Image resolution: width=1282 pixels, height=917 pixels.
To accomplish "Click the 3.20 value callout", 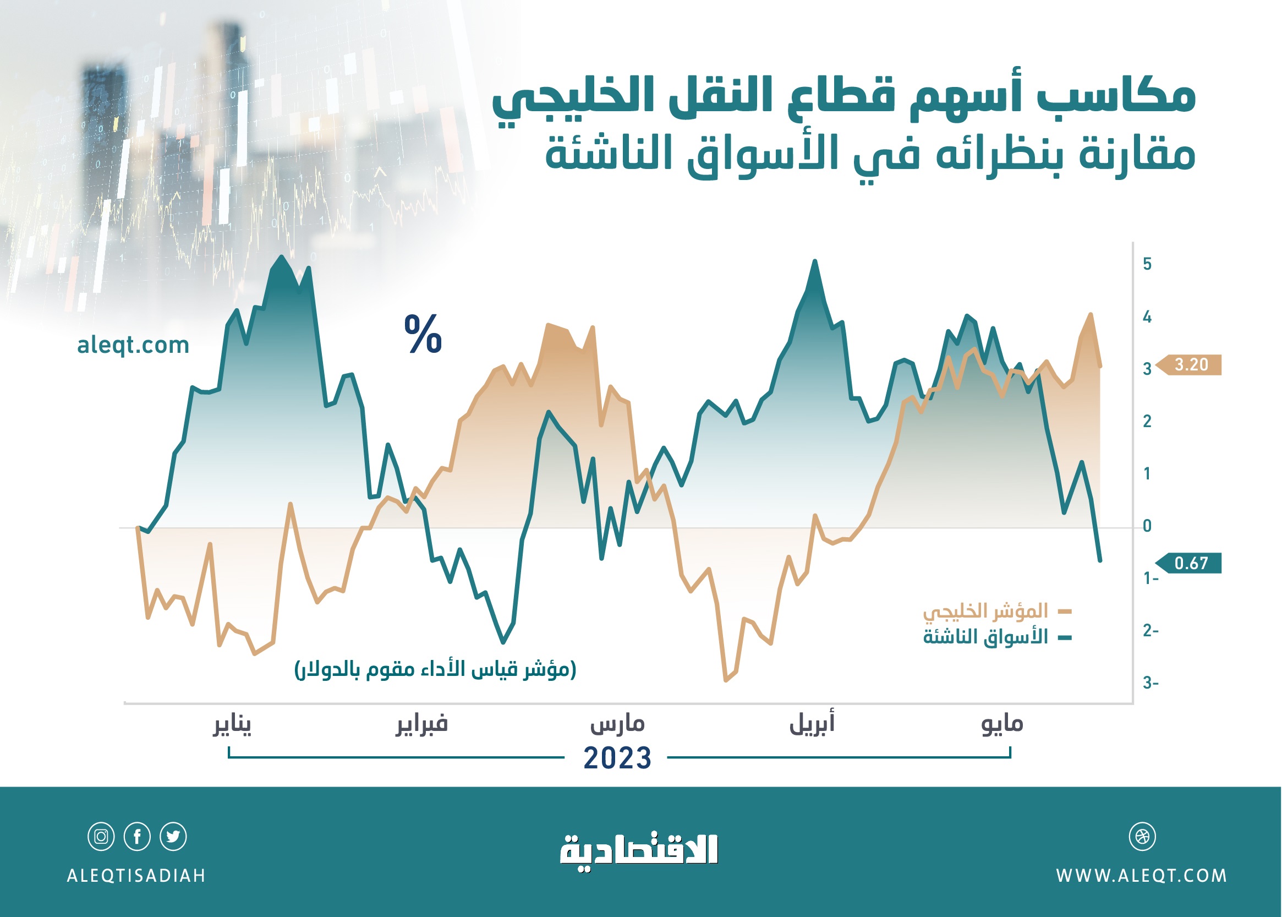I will pos(1190,365).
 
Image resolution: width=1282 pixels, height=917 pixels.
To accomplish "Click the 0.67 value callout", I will pos(1190,563).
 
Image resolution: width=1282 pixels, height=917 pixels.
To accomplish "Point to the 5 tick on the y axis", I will pos(1147,264).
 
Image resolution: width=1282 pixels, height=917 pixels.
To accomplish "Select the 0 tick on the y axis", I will pos(1147,526).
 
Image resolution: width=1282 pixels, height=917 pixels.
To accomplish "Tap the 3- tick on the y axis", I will pos(1150,683).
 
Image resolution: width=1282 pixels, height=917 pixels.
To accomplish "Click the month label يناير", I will pos(232,724).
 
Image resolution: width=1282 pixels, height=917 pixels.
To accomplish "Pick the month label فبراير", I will pos(421,724).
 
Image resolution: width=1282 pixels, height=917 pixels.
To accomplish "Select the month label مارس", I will pos(617,724).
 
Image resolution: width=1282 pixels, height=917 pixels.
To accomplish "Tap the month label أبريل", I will pos(812,723).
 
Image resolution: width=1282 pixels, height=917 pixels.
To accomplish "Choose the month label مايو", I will pos(1002,724).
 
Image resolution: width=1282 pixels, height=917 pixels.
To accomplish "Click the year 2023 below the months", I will pos(617,758).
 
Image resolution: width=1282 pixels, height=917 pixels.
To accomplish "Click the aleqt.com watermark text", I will pos(133,345).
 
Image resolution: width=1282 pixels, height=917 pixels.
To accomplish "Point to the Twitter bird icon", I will pos(173,836).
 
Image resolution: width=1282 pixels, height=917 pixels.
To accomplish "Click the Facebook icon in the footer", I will pos(137,836).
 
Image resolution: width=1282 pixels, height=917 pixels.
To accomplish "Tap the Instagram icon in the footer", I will pos(101,836).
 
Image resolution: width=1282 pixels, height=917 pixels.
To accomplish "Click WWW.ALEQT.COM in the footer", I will pos(1142,876).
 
